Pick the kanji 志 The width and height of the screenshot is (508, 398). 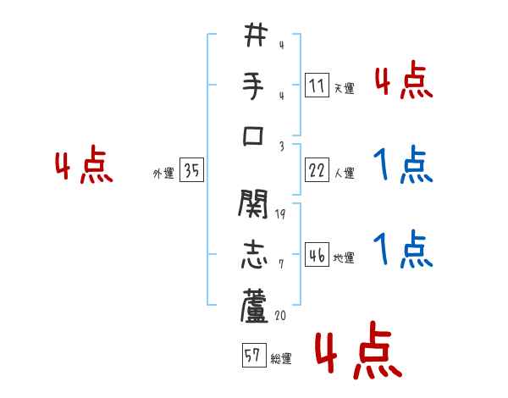click(255, 256)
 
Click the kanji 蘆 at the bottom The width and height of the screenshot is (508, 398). click(255, 306)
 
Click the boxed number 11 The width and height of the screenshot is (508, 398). click(317, 86)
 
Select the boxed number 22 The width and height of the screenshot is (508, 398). click(317, 171)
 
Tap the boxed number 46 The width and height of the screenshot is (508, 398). click(317, 256)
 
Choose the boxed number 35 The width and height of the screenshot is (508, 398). click(191, 171)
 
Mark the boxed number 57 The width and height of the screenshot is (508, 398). click(252, 356)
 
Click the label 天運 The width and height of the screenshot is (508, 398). click(345, 88)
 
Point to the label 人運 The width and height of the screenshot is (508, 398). click(345, 174)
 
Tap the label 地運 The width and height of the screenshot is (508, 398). click(345, 258)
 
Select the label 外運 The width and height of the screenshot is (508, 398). click(163, 174)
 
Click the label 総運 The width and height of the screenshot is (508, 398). click(280, 359)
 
